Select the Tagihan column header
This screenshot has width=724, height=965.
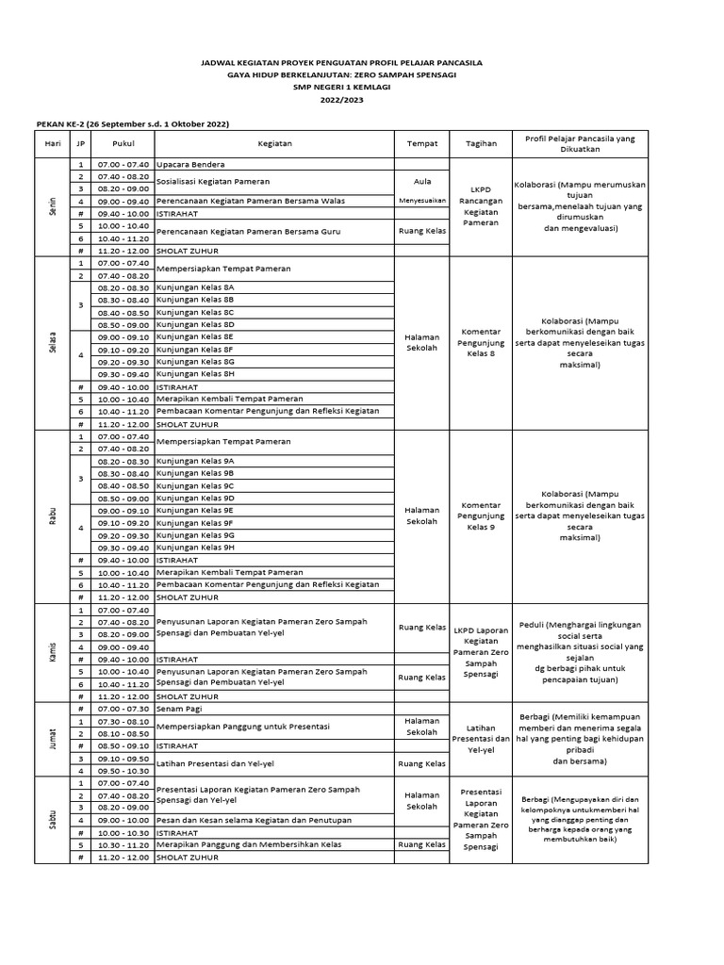pyautogui.click(x=481, y=143)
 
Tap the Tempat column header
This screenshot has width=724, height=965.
pyautogui.click(x=421, y=143)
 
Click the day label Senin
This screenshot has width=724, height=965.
pyautogui.click(x=53, y=206)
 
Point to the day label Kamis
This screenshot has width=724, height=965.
pyautogui.click(x=53, y=652)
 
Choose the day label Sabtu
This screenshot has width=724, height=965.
pyautogui.click(x=53, y=819)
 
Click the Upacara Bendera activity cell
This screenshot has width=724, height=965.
pyautogui.click(x=191, y=165)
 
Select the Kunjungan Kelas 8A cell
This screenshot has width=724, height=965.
pyautogui.click(x=195, y=287)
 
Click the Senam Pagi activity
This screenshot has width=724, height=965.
pyautogui.click(x=180, y=709)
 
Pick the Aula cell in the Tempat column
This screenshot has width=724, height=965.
pyautogui.click(x=421, y=181)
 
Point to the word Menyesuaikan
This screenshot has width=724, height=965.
pyautogui.click(x=421, y=201)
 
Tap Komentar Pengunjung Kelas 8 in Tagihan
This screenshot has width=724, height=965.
pyautogui.click(x=481, y=342)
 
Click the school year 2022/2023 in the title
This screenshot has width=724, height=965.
pyautogui.click(x=341, y=99)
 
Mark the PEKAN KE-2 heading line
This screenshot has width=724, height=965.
pyautogui.click(x=132, y=124)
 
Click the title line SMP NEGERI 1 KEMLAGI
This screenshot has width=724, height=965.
pyautogui.click(x=341, y=87)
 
